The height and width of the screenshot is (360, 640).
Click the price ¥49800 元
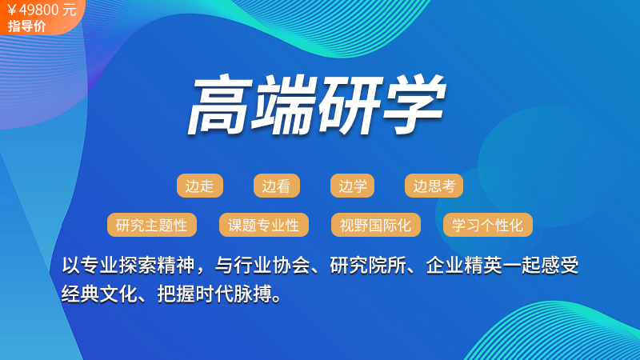pyautogui.click(x=42, y=10)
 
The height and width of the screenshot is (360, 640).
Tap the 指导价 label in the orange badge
pyautogui.click(x=27, y=26)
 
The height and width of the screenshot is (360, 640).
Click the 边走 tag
pyautogui.click(x=200, y=186)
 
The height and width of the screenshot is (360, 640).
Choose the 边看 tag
pyautogui.click(x=277, y=186)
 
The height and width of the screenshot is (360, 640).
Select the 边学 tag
pyautogui.click(x=352, y=186)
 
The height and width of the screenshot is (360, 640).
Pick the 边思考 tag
pyautogui.click(x=434, y=186)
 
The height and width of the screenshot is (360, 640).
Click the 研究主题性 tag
pyautogui.click(x=152, y=225)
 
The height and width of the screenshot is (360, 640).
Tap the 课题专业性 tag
pyautogui.click(x=264, y=225)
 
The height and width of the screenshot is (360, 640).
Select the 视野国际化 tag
pyautogui.click(x=376, y=225)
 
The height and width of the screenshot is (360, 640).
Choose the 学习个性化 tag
pyautogui.click(x=488, y=225)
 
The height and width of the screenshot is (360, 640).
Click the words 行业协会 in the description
pyautogui.click(x=271, y=266)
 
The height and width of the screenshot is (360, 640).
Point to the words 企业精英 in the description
pyautogui.click(x=464, y=266)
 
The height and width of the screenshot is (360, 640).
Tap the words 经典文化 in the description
pyautogui.click(x=99, y=294)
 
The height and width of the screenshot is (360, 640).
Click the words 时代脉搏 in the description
pyautogui.click(x=234, y=294)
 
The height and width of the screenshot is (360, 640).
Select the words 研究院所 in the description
pyautogui.click(x=368, y=266)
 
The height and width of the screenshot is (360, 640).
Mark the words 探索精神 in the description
pyautogui.click(x=157, y=266)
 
